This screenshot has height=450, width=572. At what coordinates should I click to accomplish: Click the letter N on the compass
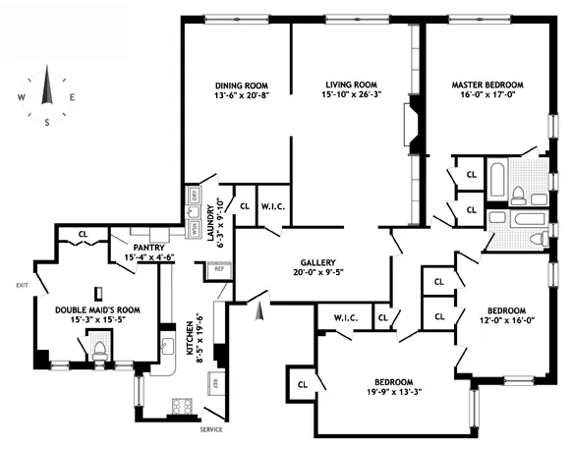coord(46,71)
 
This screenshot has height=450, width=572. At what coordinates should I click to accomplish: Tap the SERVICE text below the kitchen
coord(211,430)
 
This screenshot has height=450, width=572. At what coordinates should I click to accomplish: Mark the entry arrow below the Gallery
coord(259,312)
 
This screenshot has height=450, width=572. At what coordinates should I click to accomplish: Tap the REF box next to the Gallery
coord(220,267)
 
